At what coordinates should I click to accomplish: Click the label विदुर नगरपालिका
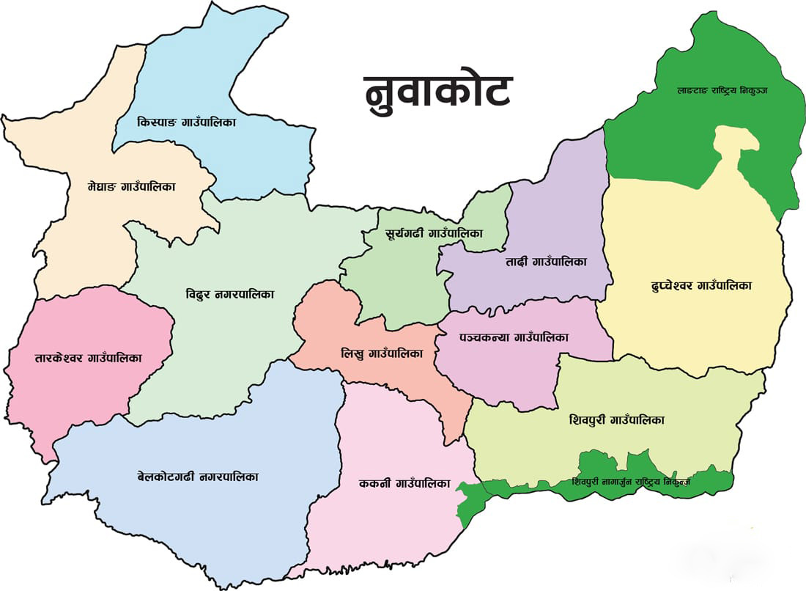click(x=229, y=295)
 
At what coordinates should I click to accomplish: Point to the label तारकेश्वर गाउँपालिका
click(x=88, y=359)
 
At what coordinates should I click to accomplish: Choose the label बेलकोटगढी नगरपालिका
click(x=197, y=477)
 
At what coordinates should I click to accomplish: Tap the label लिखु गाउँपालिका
click(x=382, y=353)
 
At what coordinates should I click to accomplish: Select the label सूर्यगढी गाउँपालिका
click(x=434, y=234)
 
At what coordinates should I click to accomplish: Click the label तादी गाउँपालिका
click(x=546, y=261)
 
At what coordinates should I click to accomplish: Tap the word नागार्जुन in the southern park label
click(x=620, y=483)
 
